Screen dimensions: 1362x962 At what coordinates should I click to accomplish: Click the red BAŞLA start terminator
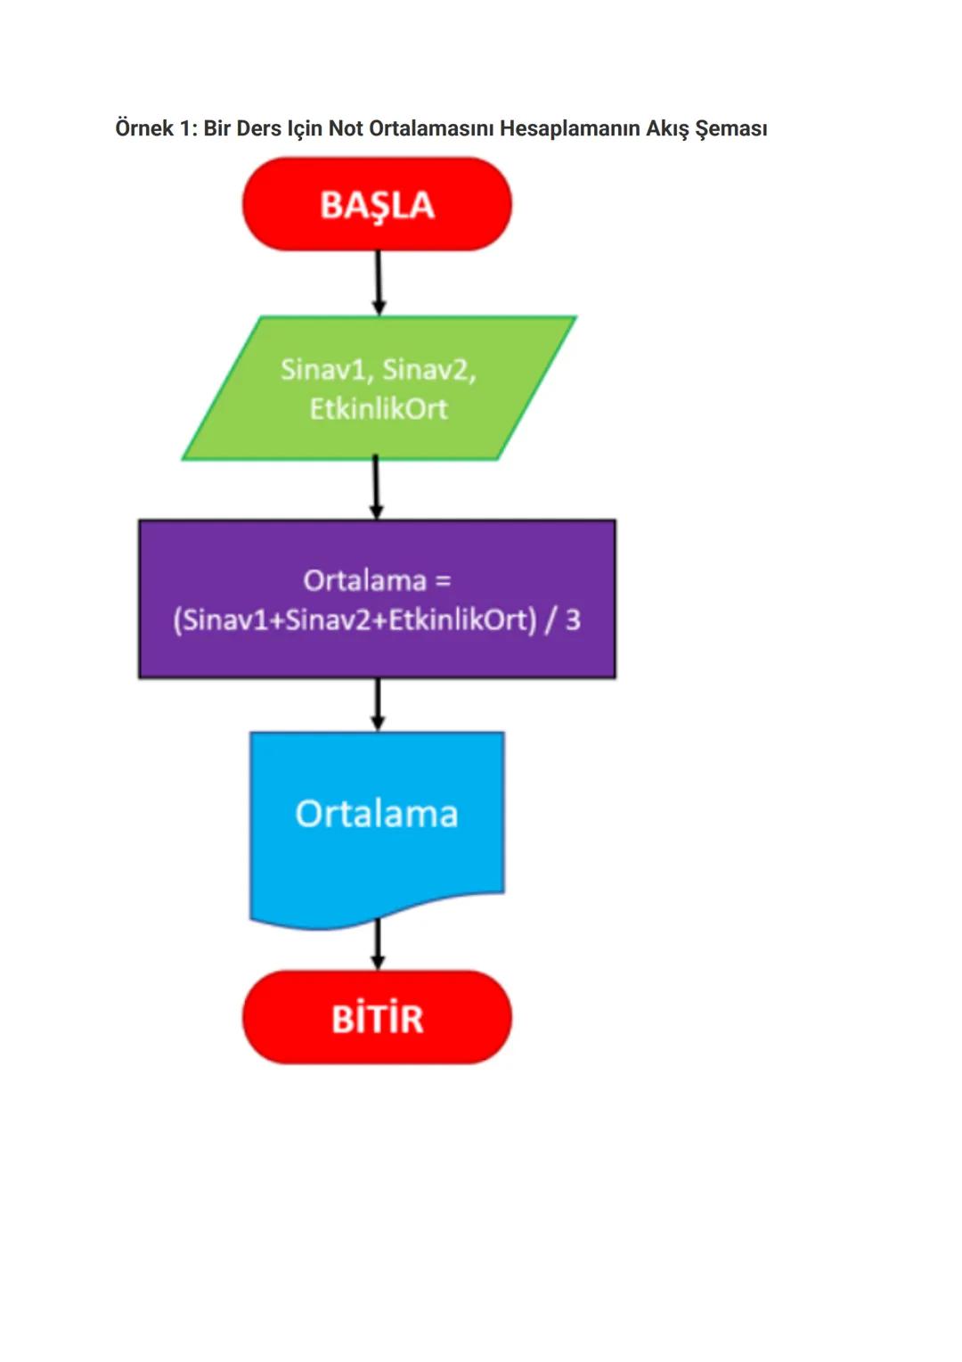pos(377,204)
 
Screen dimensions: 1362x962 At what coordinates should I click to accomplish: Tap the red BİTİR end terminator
pos(377,1017)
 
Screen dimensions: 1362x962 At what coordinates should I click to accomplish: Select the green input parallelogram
pos(379,389)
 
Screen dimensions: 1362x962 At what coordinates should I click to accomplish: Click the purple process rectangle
pos(377,599)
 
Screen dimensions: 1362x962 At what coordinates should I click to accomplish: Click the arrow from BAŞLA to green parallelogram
pos(379,282)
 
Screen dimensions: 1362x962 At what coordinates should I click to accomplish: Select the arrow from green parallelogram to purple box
pos(376,488)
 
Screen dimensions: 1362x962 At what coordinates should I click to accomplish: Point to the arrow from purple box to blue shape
pos(378,704)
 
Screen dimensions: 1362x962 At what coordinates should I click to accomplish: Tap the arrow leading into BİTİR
pos(378,945)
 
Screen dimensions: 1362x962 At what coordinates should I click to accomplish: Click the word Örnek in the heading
pos(144,128)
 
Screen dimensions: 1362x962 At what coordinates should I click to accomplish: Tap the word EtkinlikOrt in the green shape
pos(379,408)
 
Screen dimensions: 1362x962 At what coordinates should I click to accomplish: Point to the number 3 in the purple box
pos(573,619)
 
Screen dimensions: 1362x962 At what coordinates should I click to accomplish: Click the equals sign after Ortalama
pos(443,580)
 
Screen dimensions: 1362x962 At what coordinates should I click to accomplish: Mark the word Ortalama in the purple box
pos(365,580)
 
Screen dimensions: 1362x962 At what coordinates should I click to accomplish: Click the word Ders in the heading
pos(258,128)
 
